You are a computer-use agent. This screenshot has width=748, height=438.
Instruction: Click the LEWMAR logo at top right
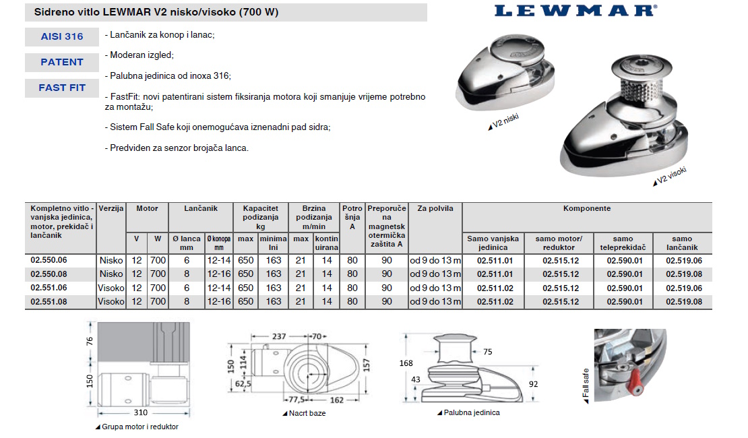[x=575, y=10]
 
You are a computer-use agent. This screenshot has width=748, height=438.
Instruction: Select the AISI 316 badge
[x=61, y=36]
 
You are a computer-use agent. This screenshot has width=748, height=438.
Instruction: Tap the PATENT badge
[x=61, y=62]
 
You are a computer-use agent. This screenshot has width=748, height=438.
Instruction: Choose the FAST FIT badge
[x=61, y=88]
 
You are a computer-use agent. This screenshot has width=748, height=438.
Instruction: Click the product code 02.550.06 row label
[x=49, y=260]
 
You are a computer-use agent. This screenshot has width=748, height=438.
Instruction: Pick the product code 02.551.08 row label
[x=49, y=302]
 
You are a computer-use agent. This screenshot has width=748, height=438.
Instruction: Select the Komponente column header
[x=586, y=209]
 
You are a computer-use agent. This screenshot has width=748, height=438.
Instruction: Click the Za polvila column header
[x=435, y=209]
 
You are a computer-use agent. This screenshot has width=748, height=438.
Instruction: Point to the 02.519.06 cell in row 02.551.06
[x=683, y=288]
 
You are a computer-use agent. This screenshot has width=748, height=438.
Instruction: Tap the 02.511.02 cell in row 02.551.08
[x=495, y=302]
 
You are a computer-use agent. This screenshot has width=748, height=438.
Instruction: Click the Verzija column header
[x=111, y=209]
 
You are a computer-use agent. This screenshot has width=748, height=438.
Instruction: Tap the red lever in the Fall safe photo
[x=634, y=387]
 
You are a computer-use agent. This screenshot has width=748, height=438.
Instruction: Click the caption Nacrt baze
[x=307, y=413]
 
